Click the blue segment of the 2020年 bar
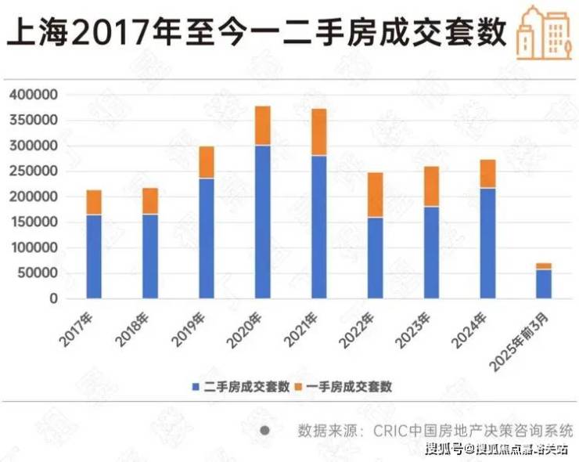point(263,222)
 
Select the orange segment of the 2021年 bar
point(319,132)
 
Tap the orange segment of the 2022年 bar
point(376,194)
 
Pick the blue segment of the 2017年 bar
point(94,256)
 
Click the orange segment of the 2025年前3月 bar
point(544,266)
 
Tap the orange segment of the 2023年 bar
point(432,186)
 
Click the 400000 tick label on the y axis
point(34,95)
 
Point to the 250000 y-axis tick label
point(34,171)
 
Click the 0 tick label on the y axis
point(54,298)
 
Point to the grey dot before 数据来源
point(265,430)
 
